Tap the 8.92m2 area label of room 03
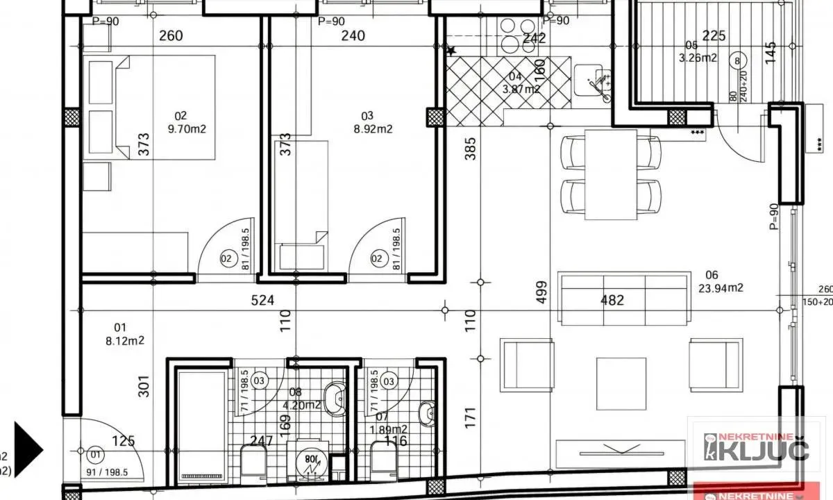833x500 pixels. [377, 128]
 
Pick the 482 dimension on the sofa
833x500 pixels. [612, 300]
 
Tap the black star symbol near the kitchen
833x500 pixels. [451, 51]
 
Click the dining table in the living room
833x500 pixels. [611, 174]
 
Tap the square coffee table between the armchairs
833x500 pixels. [621, 383]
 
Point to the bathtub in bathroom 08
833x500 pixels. [201, 425]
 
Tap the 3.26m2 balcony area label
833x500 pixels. [698, 58]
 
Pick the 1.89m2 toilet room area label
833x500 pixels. [389, 429]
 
